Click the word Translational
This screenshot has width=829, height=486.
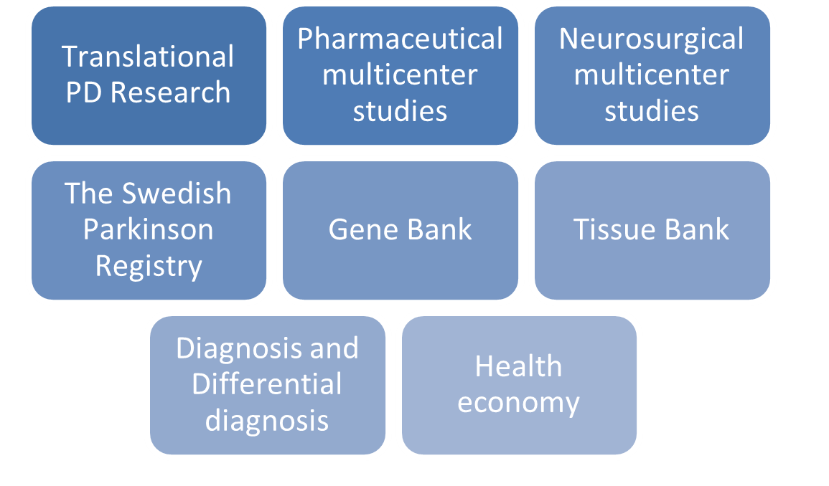click(148, 57)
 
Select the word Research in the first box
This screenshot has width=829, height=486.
click(170, 92)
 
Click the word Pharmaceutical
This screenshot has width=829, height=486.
click(401, 39)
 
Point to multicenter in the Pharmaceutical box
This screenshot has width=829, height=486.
click(401, 75)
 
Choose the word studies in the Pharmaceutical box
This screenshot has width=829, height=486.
click(401, 111)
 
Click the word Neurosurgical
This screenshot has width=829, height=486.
click(652, 40)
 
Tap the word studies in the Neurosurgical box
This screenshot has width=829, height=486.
click(652, 111)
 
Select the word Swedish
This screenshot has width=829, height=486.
click(177, 194)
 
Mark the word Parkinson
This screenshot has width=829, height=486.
click(148, 229)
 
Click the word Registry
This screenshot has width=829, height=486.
click(149, 267)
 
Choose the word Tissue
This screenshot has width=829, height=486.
click(613, 230)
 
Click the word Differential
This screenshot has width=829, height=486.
click(267, 384)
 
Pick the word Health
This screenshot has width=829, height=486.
click(519, 366)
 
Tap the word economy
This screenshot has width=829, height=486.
click(519, 404)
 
